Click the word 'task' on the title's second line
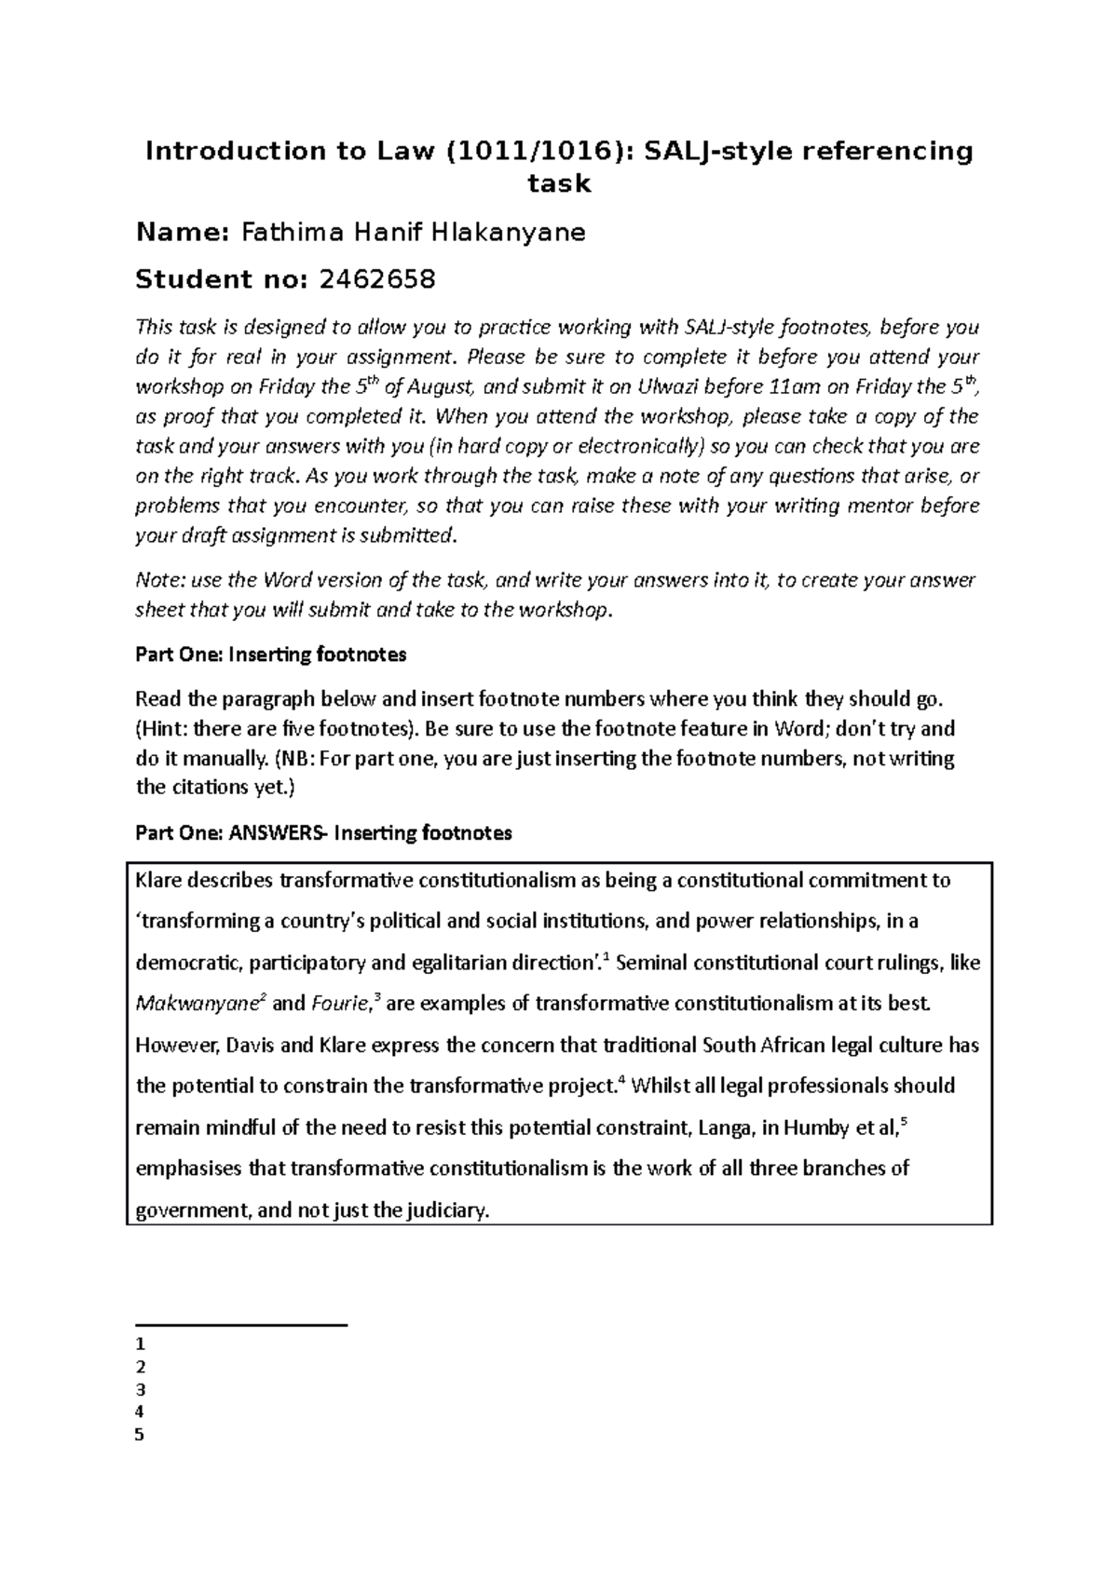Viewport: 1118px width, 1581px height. (x=559, y=183)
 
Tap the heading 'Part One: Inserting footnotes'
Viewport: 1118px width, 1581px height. (x=271, y=655)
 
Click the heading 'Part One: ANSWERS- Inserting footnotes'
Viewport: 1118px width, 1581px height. (x=323, y=832)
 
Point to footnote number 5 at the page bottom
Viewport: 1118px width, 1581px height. (x=140, y=1435)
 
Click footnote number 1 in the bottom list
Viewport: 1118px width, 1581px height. (x=140, y=1345)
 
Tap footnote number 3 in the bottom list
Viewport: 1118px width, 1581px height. (x=140, y=1390)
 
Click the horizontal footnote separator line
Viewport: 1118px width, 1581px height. (x=241, y=1324)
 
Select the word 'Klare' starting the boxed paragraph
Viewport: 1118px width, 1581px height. (x=159, y=881)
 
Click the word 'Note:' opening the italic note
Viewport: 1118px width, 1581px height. (x=160, y=581)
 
